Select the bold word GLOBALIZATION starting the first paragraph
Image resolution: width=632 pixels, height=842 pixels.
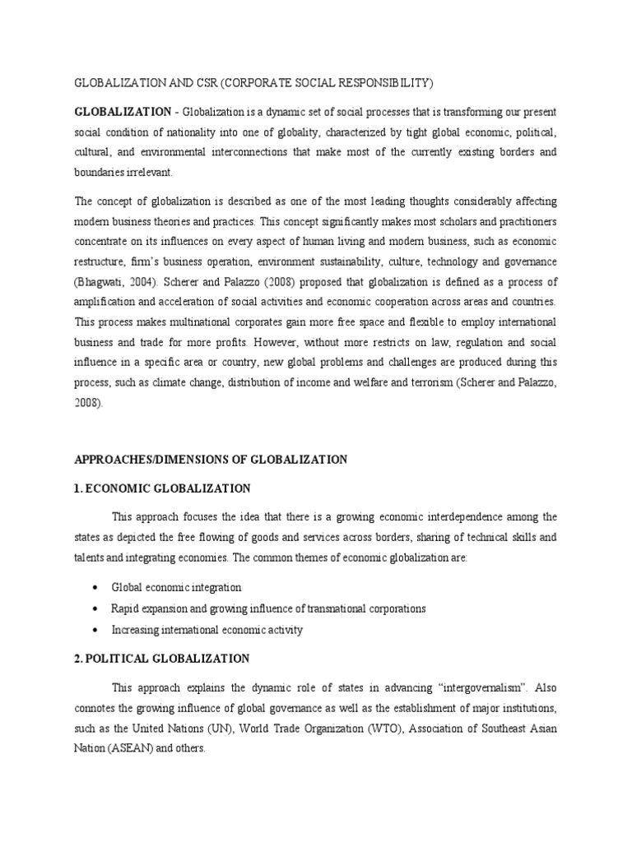pos(123,111)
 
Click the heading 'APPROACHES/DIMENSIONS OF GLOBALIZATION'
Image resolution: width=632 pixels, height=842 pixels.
pos(211,460)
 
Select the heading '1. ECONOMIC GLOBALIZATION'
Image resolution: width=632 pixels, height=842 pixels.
pos(163,488)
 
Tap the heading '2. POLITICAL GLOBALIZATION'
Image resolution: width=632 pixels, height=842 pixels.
pos(162,659)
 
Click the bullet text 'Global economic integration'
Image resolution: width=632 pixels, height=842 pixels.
pos(177,588)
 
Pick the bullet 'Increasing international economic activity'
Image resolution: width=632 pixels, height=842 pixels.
pos(207,630)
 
